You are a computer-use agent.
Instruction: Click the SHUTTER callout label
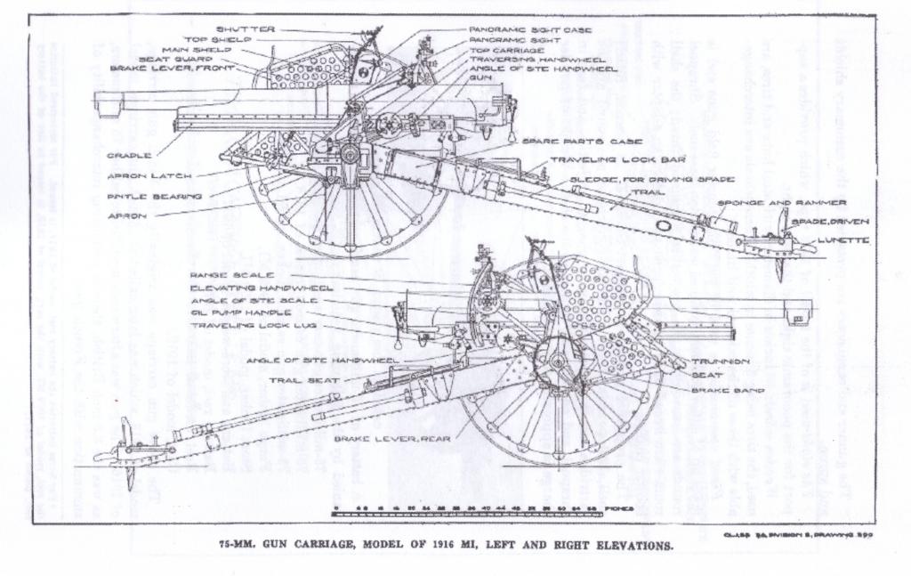pyautogui.click(x=246, y=29)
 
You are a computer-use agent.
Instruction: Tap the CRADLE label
pyautogui.click(x=129, y=156)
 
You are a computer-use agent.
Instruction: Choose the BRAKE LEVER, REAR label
pyautogui.click(x=391, y=439)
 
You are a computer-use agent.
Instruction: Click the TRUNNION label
pyautogui.click(x=720, y=361)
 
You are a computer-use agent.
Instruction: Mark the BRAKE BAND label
pyautogui.click(x=722, y=390)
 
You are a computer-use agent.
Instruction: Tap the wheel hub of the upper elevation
pyautogui.click(x=350, y=154)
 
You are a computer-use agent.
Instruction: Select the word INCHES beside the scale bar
pyautogui.click(x=619, y=508)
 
